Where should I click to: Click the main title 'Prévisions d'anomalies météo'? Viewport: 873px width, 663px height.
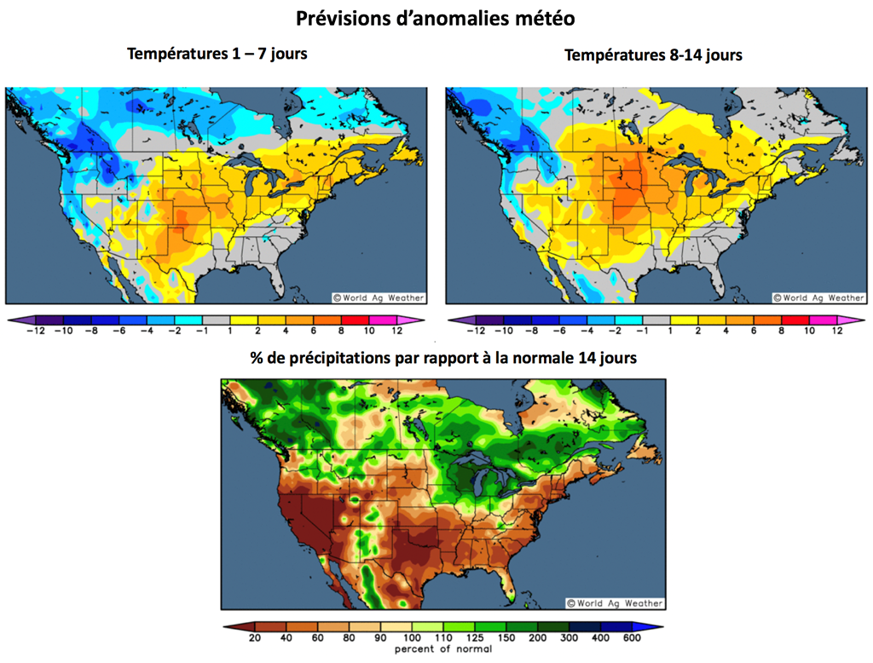click(x=435, y=17)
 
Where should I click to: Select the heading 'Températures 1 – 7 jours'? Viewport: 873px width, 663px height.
click(x=217, y=54)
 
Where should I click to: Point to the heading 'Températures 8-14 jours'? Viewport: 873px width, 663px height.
click(x=653, y=55)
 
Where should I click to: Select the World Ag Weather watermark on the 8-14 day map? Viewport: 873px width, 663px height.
click(x=818, y=297)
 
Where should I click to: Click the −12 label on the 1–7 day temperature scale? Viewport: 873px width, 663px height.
click(x=36, y=331)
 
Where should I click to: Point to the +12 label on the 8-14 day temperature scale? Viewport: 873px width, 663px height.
click(x=836, y=331)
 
